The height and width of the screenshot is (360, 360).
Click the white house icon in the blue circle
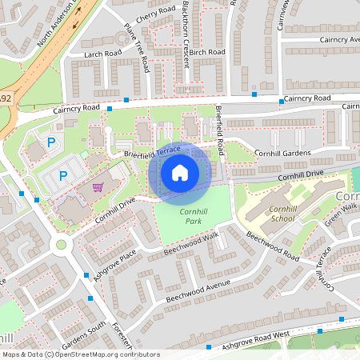coord(180,172)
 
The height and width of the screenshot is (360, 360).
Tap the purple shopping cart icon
coord(98,187)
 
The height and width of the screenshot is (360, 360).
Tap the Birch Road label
coord(207,51)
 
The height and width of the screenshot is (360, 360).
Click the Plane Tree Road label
coord(136,47)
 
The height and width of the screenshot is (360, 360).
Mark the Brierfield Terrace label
coord(152,151)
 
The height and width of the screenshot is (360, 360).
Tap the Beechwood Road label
coord(272,247)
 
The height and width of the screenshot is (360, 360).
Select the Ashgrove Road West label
coord(258,338)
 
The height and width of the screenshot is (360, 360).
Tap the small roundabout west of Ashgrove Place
coord(61,245)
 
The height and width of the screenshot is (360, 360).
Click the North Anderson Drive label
coord(58,26)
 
